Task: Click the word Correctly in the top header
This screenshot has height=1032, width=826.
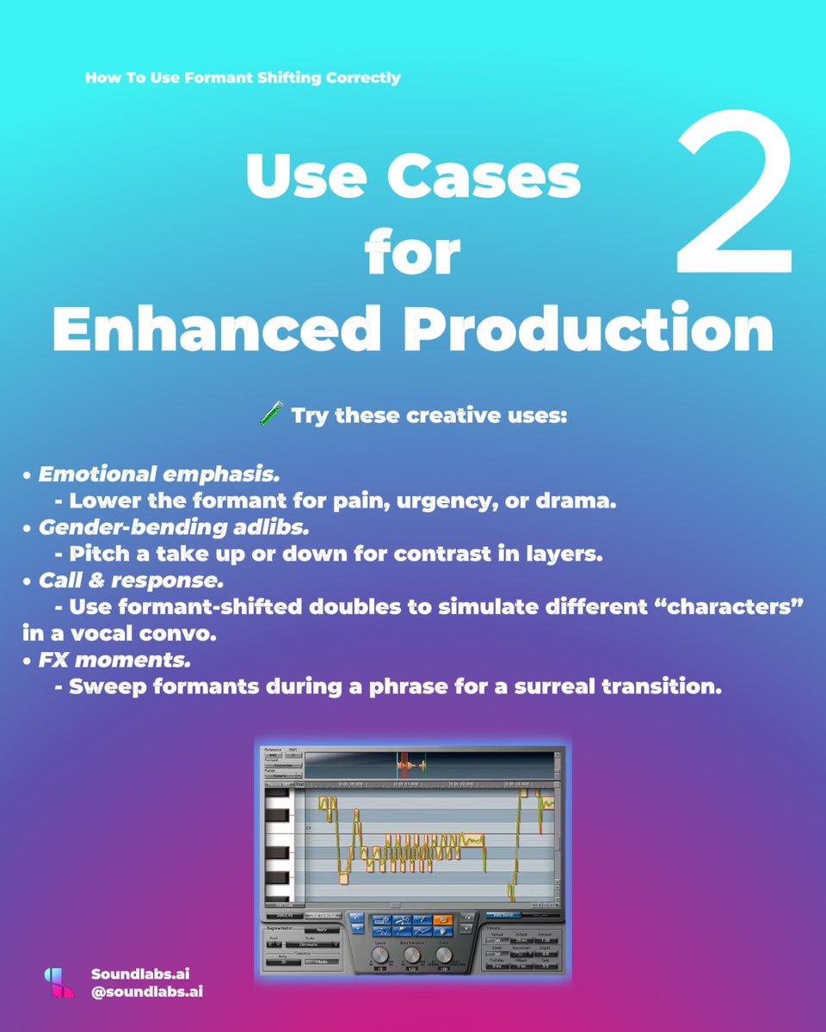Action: [x=363, y=77]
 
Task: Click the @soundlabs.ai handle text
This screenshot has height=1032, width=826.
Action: [x=146, y=992]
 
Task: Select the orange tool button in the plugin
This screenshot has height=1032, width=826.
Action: [x=443, y=920]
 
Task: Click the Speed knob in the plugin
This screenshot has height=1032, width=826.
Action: [x=380, y=954]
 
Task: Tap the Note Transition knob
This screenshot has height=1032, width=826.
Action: [x=411, y=954]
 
